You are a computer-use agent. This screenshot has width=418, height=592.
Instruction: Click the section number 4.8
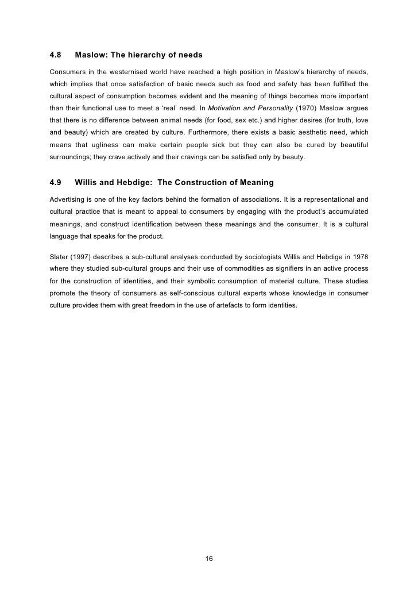coord(56,56)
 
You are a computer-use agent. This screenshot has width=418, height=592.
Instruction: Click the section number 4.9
coord(56,183)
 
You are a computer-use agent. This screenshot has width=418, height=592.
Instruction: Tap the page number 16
coord(209,559)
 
